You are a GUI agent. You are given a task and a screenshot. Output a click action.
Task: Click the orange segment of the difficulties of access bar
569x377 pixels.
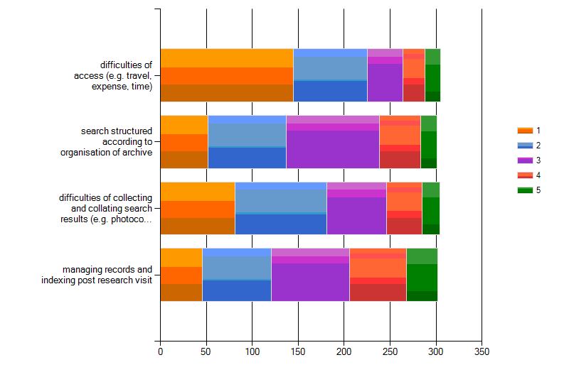(x=226, y=75)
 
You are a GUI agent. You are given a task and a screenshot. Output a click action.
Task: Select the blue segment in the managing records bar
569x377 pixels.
(x=236, y=275)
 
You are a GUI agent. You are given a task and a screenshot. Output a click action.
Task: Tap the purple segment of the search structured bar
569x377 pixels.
(x=332, y=141)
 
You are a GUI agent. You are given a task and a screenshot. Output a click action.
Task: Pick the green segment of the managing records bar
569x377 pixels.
(x=421, y=275)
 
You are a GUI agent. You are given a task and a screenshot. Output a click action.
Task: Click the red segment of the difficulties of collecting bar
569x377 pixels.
(x=404, y=208)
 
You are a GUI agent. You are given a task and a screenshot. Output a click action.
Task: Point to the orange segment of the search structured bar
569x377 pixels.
(x=184, y=141)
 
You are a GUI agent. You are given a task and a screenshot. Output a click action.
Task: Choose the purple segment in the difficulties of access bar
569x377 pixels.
(x=385, y=75)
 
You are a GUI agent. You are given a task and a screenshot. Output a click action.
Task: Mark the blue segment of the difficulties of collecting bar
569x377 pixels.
(x=280, y=208)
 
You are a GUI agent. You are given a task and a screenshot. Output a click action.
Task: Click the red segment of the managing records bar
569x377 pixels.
(x=378, y=275)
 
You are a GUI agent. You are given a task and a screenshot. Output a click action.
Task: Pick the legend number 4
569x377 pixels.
(x=538, y=175)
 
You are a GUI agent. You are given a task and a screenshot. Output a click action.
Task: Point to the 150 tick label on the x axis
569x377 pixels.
(x=298, y=351)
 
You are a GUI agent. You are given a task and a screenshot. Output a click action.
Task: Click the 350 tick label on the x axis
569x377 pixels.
(x=482, y=351)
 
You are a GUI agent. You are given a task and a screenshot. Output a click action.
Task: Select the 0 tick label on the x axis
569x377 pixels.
(x=160, y=351)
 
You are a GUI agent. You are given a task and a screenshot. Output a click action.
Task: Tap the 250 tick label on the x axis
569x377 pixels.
(x=390, y=351)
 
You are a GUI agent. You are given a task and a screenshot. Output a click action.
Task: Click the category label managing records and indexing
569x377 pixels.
(x=107, y=275)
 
